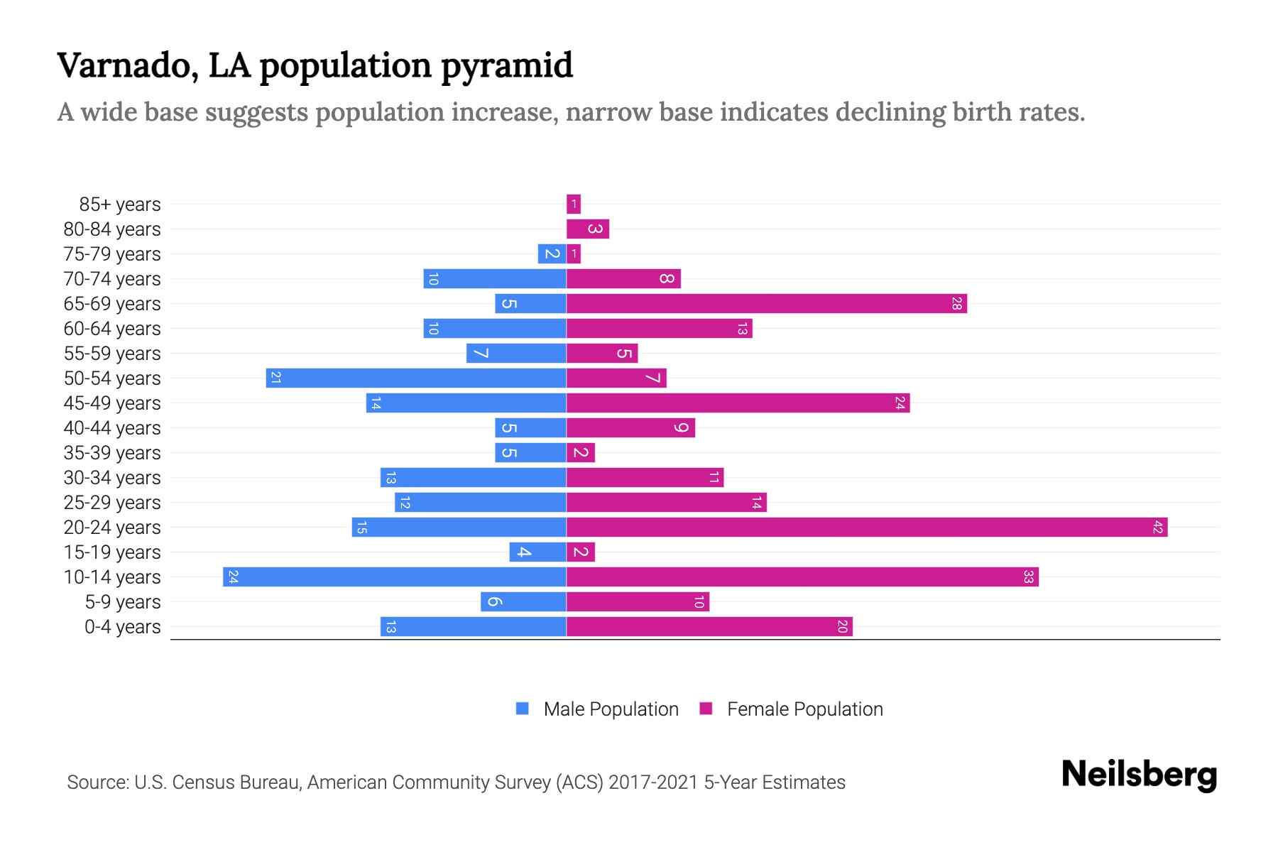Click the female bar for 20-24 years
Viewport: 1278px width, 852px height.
[866, 527]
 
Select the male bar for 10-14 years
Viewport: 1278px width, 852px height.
[394, 577]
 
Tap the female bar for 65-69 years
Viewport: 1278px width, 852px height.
[767, 303]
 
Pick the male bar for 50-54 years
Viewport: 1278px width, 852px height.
[416, 378]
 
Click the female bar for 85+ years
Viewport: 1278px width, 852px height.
[574, 204]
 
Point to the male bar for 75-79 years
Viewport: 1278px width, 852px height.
[552, 253]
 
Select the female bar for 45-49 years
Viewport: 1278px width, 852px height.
[738, 403]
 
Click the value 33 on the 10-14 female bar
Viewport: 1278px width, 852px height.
[1027, 577]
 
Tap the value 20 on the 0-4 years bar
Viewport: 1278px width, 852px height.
[841, 626]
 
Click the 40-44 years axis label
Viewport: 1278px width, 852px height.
[112, 428]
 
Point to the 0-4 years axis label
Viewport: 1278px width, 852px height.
[122, 627]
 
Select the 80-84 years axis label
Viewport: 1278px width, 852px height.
[112, 229]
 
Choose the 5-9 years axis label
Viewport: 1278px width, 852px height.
[122, 602]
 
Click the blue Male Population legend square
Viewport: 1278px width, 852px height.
[523, 709]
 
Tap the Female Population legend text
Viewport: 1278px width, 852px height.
[804, 709]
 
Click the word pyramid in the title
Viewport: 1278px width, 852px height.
[506, 66]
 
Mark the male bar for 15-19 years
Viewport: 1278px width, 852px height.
[537, 552]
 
